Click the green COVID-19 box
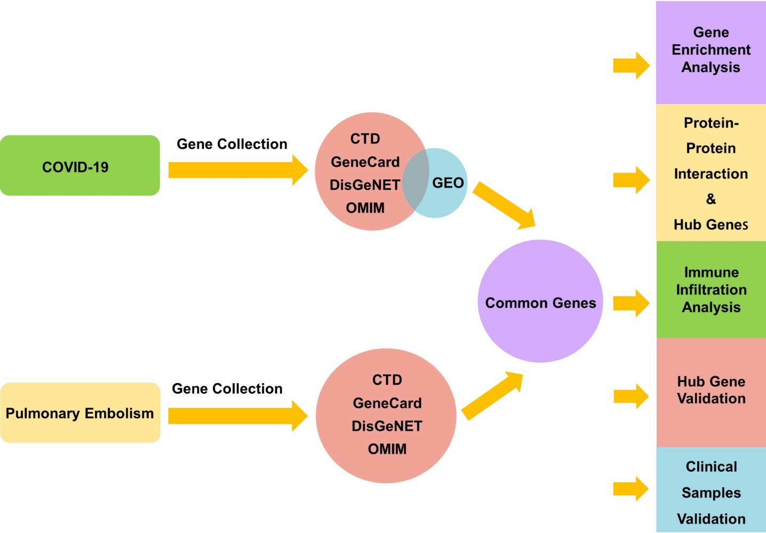point(79,166)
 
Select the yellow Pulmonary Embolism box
point(80,413)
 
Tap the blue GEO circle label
point(448,183)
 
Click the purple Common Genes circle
point(540,302)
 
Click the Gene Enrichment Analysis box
point(711,51)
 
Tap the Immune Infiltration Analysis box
point(711,290)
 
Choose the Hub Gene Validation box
point(711,391)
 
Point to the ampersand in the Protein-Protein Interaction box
point(711,199)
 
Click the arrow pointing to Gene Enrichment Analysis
point(631,66)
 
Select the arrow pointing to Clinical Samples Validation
point(631,489)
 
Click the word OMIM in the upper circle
point(365,208)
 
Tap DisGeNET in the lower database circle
point(387,426)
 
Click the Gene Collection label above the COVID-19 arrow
point(232,144)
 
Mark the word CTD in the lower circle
point(387,380)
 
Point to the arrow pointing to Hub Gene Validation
point(631,396)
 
